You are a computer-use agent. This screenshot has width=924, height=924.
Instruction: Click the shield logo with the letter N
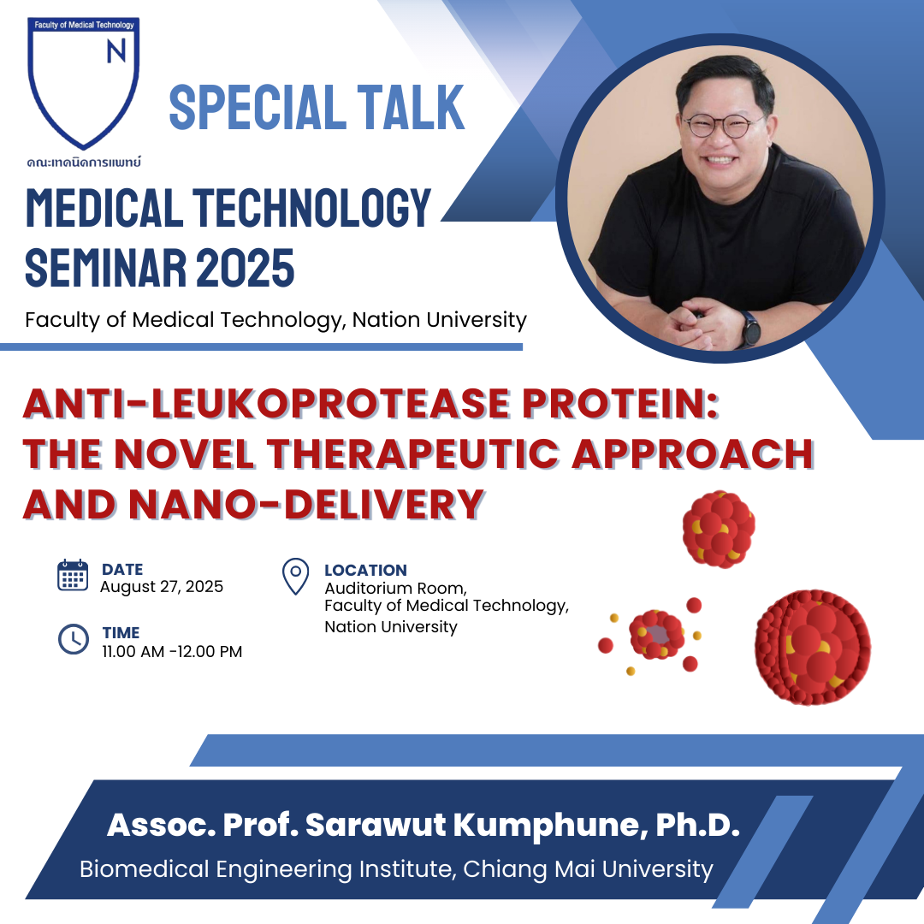tap(83, 82)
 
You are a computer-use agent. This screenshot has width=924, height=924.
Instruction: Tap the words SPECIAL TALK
tap(317, 107)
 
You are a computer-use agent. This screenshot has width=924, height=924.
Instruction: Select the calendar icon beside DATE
tap(73, 575)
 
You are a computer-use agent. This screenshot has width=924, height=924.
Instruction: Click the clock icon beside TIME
tap(74, 639)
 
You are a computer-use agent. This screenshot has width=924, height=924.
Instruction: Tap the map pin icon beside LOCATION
tap(296, 577)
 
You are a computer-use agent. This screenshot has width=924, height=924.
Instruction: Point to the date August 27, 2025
tap(162, 587)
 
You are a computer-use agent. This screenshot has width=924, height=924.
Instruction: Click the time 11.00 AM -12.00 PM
tap(172, 652)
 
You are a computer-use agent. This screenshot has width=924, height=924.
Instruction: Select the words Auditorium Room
tap(395, 589)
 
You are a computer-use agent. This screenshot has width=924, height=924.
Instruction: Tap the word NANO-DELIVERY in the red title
tap(306, 505)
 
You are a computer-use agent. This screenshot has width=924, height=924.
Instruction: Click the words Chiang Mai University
tap(588, 869)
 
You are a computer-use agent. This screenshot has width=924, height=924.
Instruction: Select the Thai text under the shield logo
tap(84, 162)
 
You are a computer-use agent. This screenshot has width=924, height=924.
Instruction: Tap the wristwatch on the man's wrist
tap(751, 329)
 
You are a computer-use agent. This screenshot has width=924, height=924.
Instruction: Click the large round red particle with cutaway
tap(813, 648)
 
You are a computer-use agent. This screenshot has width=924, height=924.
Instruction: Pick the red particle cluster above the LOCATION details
tap(719, 530)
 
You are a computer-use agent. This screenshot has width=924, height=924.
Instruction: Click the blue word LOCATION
tap(365, 571)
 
